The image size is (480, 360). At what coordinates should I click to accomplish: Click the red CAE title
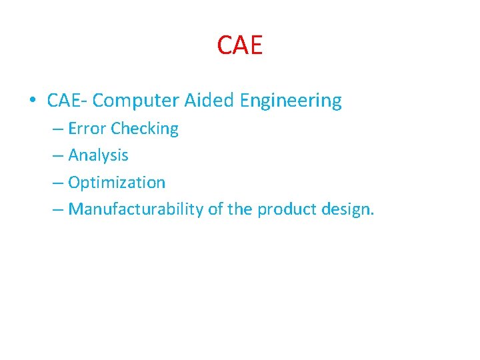(x=240, y=45)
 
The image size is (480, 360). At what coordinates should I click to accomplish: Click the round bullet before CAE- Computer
(x=32, y=101)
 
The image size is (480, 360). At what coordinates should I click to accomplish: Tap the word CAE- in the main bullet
(x=67, y=101)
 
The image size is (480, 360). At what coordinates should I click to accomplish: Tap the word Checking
(x=145, y=129)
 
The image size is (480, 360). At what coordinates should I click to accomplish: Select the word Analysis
(x=98, y=156)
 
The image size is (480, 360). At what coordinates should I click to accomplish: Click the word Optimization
(x=117, y=183)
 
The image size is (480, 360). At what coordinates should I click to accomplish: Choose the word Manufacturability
(x=136, y=209)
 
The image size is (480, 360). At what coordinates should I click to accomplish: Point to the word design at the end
(x=347, y=210)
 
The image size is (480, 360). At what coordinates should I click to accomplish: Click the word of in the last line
(x=215, y=209)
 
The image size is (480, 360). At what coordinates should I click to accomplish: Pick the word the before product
(x=240, y=209)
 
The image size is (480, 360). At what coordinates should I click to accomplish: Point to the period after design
(x=372, y=214)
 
